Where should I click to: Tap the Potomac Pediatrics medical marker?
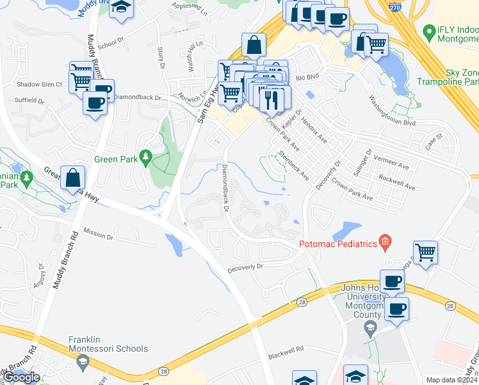385,242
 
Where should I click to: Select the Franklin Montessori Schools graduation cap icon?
83,363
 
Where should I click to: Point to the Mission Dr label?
97,235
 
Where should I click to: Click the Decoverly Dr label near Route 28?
245,266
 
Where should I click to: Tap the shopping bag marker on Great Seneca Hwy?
73,177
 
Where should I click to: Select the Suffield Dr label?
30,101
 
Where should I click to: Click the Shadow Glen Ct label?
39,84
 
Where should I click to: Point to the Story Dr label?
160,58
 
